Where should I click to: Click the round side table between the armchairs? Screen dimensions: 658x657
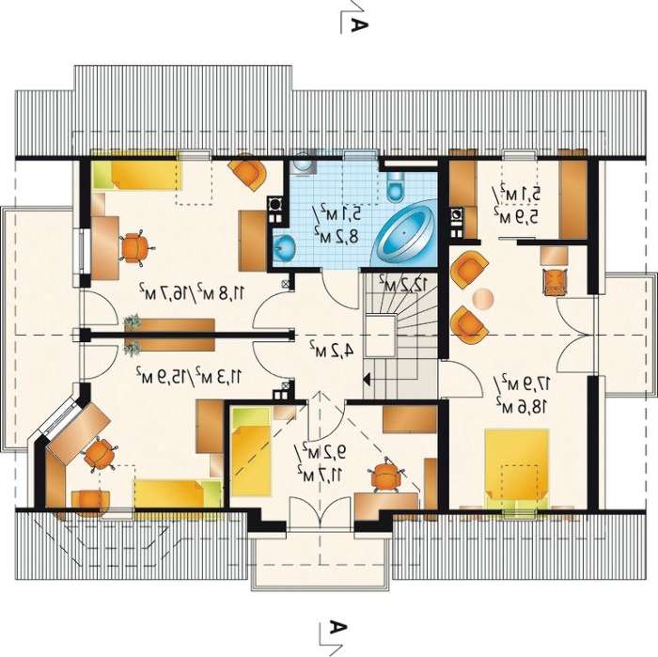tap(482, 299)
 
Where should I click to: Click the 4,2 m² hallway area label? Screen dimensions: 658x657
tap(332, 349)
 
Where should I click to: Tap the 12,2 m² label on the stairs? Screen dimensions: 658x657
tap(403, 285)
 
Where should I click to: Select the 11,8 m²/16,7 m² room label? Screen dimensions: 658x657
tap(192, 290)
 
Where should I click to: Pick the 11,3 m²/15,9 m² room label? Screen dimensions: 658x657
tap(189, 375)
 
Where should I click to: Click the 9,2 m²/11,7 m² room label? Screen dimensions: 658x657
tap(321, 461)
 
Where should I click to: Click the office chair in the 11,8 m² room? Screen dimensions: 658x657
tap(134, 248)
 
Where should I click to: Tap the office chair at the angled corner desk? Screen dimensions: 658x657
tap(99, 454)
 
